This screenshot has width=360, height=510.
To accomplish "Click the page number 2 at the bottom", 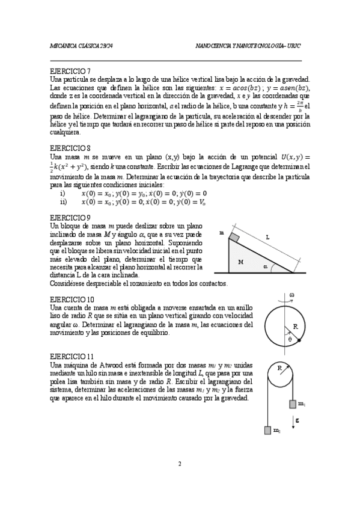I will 180,464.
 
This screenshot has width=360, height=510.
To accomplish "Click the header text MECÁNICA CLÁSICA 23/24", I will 81,46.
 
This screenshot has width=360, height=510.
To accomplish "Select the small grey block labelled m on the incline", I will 234,239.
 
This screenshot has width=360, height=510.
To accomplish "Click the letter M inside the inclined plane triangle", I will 240,262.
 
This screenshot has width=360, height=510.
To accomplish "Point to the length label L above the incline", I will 267,238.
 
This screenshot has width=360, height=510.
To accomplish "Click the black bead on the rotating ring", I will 299,341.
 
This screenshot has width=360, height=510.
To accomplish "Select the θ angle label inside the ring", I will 289,339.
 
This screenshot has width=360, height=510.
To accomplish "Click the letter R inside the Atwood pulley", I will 280,366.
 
